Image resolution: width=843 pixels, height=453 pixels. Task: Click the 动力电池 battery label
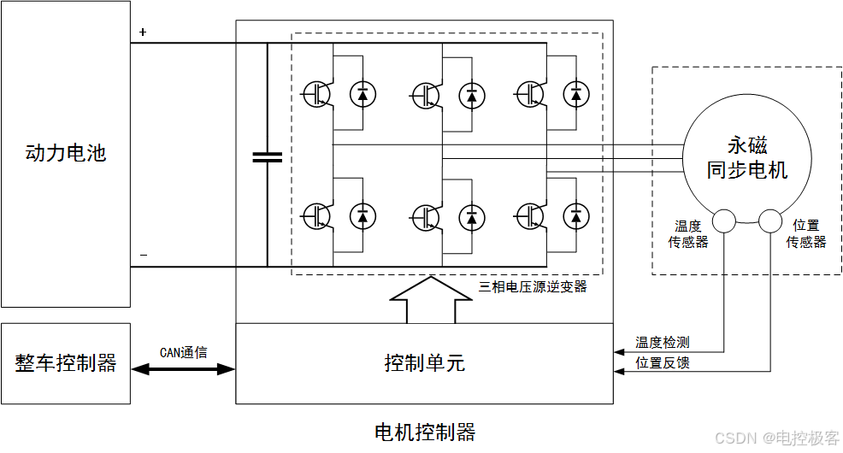65,154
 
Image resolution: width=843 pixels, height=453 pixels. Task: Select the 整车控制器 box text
66,363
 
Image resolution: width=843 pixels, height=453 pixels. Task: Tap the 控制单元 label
424,363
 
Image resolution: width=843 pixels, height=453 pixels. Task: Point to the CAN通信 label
183,352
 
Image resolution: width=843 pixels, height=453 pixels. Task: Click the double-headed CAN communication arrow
183,369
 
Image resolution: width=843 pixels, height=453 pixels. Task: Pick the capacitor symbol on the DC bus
267,156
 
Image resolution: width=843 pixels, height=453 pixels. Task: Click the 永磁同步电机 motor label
746,157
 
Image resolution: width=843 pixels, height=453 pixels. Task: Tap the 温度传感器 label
688,233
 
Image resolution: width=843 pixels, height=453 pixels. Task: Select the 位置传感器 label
805,233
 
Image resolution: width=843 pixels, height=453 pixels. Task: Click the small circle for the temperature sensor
724,221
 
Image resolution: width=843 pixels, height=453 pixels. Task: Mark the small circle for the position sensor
771,221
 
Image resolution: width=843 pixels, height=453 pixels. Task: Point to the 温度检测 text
662,343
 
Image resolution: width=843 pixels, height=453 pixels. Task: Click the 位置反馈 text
662,363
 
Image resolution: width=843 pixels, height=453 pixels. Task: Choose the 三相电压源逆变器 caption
534,286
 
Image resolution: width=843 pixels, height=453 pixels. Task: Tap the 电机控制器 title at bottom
424,432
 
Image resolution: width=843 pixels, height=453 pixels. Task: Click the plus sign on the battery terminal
143,32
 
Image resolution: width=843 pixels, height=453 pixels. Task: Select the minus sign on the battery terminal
143,255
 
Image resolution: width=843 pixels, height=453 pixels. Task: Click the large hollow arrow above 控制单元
430,299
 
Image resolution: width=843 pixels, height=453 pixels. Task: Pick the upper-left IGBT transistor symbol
316,94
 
